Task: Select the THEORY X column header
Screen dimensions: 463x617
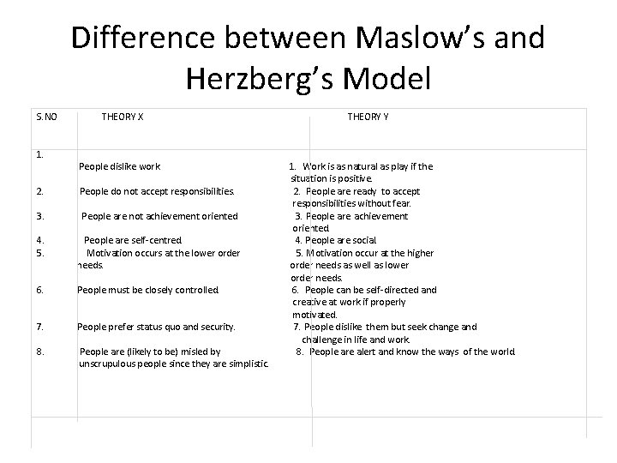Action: click(x=123, y=116)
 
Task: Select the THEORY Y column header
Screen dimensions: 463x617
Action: click(x=368, y=116)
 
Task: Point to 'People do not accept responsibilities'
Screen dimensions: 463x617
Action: click(x=157, y=191)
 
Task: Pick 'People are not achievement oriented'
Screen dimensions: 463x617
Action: click(x=159, y=216)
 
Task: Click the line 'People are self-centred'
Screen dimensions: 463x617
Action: click(x=134, y=241)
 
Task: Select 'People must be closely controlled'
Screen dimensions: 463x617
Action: click(x=148, y=290)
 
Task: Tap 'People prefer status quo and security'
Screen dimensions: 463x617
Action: click(x=156, y=327)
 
